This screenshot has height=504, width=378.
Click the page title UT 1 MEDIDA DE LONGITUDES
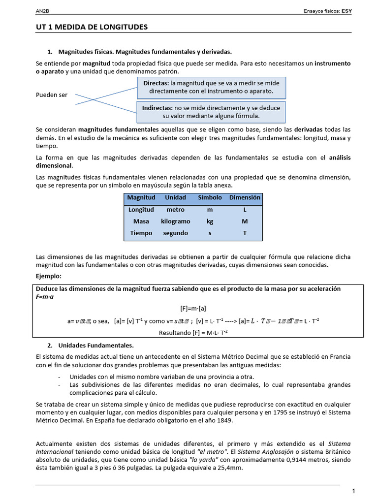coord(92,27)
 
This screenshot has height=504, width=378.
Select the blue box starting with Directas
coord(211,87)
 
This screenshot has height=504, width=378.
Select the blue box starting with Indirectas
coord(211,112)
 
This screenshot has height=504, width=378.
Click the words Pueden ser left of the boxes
coord(52,95)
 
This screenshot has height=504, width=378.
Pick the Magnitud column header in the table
coord(141,197)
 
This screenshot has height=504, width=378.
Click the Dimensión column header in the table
coord(245,197)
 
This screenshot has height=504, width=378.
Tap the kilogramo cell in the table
coord(175,221)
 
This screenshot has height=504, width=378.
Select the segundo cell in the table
coord(175,233)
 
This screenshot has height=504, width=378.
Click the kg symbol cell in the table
coord(210,221)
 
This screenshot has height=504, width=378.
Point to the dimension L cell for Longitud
coord(245,209)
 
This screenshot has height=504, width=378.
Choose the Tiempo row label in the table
coord(141,233)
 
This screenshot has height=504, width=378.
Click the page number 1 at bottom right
coord(353,491)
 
